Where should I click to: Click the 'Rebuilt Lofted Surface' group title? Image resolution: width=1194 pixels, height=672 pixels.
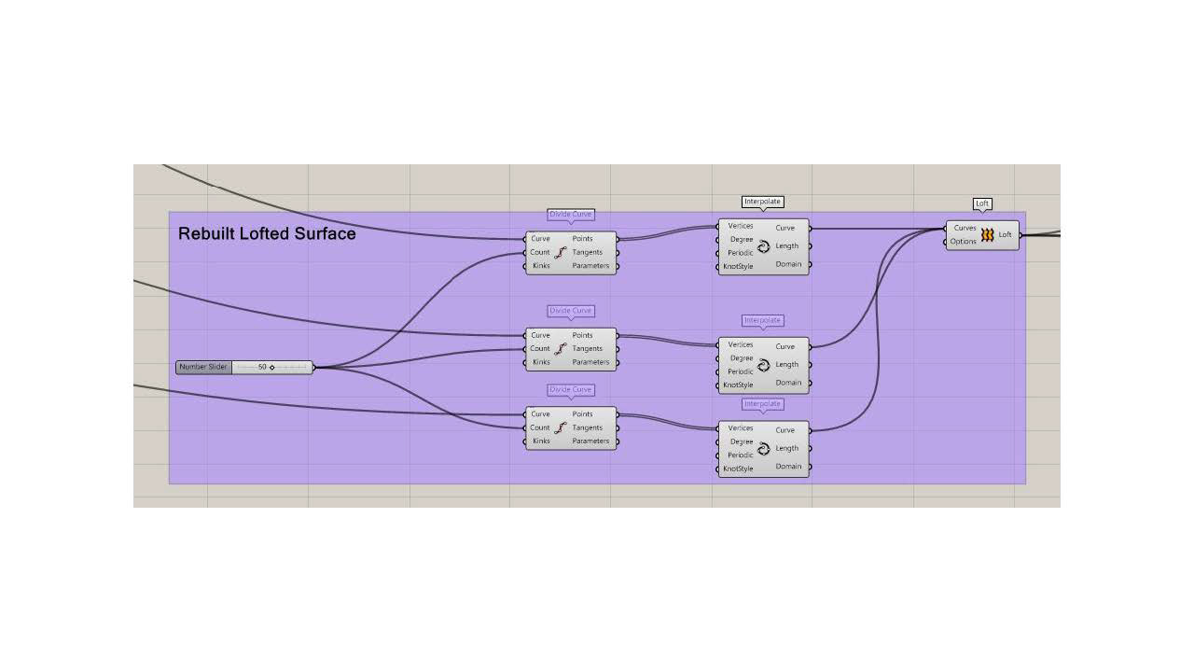pos(267,234)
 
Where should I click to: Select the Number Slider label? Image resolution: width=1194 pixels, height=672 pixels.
pos(203,367)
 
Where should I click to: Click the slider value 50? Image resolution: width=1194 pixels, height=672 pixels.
pos(262,367)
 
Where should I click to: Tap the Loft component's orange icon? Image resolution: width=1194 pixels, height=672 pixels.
pos(987,235)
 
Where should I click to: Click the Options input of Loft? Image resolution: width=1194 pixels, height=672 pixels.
pos(963,242)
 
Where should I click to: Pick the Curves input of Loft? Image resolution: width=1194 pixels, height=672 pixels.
pos(965,228)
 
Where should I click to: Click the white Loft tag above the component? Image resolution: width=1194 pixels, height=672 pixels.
pos(982,203)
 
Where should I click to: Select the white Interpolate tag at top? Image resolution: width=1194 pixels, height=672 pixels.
pos(763,202)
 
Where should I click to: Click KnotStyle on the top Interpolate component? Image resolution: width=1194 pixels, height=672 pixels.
pos(738,267)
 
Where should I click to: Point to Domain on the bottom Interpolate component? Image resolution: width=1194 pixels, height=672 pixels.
pos(788,467)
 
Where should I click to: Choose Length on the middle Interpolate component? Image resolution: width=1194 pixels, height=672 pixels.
pos(787,365)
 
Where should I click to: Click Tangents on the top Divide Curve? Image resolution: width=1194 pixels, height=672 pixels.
pos(588,252)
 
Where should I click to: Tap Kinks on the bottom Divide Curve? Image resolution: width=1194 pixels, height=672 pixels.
pos(541,441)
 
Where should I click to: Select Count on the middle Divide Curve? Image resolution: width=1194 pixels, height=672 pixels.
pos(540,349)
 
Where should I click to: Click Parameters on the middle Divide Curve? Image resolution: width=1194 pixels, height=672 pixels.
pos(590,362)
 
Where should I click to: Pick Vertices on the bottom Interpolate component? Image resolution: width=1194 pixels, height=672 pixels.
pos(741,428)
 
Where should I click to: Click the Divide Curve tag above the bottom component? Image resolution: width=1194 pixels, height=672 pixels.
pos(571,390)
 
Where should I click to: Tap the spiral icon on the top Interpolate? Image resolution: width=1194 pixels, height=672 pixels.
pos(763,247)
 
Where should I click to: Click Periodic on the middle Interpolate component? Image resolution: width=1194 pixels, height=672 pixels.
pos(741,371)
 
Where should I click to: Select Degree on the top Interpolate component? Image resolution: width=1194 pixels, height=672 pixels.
pos(742,240)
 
